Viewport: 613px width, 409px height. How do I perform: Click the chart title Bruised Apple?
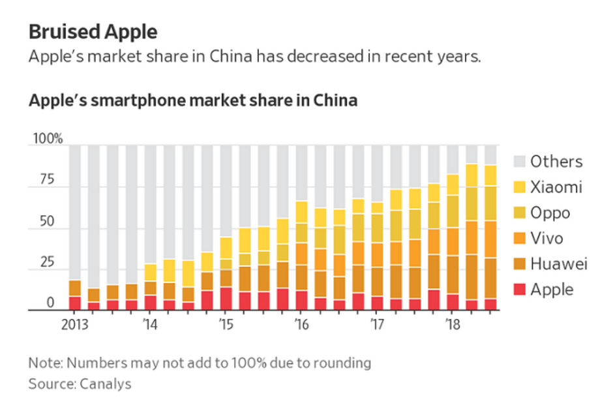(93, 31)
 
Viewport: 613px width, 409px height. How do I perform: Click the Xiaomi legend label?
(556, 187)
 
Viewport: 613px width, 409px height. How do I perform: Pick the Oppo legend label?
(550, 213)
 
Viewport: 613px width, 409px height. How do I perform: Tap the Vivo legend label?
(546, 238)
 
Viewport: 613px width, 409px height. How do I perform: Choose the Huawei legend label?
(559, 264)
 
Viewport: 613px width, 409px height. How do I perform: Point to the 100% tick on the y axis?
(48, 139)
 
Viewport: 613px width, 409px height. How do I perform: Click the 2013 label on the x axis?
(74, 324)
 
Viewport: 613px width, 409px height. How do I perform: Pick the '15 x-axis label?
(225, 324)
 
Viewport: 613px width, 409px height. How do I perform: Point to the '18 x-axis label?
(451, 324)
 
